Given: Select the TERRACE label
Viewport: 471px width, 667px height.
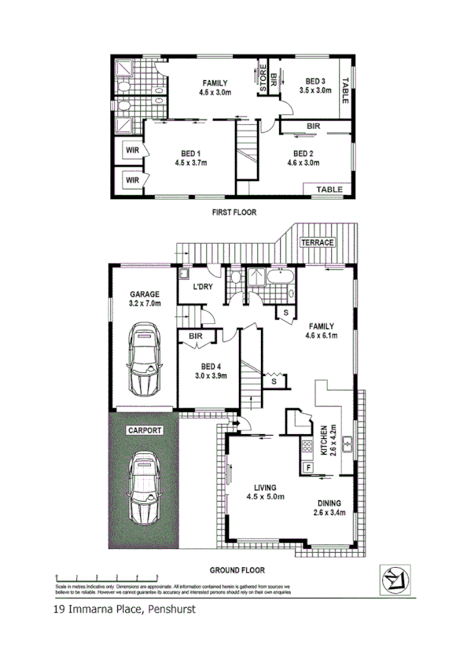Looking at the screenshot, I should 318,242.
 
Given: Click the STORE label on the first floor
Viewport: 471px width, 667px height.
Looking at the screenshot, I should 263,79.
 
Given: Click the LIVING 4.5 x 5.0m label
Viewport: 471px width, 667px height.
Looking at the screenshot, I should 265,492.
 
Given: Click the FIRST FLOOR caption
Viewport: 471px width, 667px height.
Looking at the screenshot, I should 234,212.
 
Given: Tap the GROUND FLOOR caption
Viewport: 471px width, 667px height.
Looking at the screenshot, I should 237,570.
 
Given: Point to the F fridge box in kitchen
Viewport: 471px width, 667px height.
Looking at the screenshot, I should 308,468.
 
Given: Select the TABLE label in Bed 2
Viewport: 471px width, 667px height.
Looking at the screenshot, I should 328,190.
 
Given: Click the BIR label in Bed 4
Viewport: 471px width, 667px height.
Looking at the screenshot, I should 195,336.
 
